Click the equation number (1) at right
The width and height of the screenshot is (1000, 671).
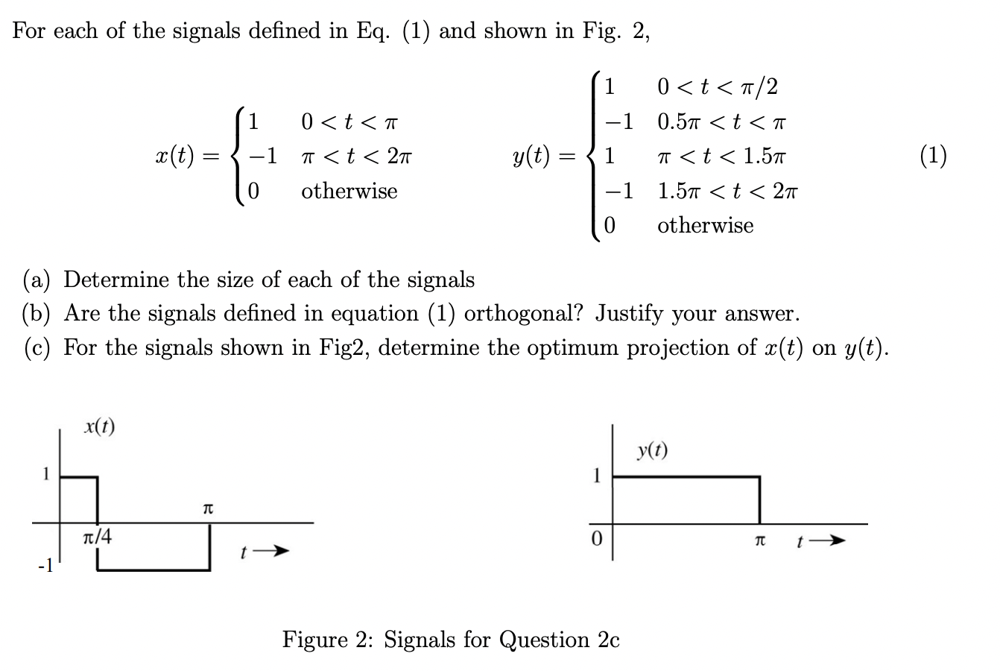pyautogui.click(x=933, y=155)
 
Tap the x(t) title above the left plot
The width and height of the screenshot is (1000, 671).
pyautogui.click(x=99, y=427)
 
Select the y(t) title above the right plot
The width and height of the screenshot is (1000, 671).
pyautogui.click(x=652, y=450)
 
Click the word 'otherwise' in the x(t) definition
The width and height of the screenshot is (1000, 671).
pyautogui.click(x=349, y=191)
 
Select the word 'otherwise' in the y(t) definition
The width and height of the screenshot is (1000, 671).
pyautogui.click(x=705, y=225)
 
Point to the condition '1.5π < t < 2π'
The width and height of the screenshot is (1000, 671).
pyautogui.click(x=727, y=191)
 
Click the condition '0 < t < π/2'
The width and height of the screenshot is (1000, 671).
pyautogui.click(x=718, y=87)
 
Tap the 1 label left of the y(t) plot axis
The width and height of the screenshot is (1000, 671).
pyautogui.click(x=595, y=475)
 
